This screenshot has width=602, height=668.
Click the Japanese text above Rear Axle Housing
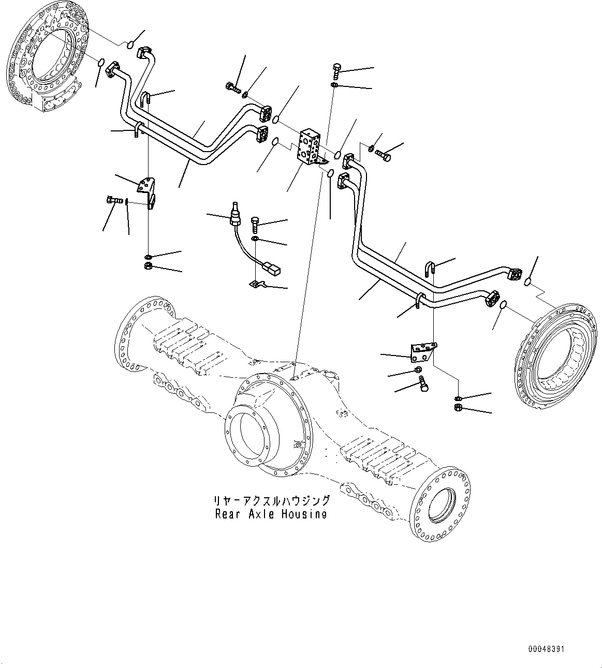pos(271,500)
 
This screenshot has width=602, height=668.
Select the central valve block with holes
pos(309,147)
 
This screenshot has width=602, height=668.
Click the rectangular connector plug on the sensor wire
pos(272,268)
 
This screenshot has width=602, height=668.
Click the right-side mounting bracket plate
pos(423,352)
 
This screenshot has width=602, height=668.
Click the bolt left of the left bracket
pos(113,199)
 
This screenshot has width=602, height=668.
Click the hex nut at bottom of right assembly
pos(458,408)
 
